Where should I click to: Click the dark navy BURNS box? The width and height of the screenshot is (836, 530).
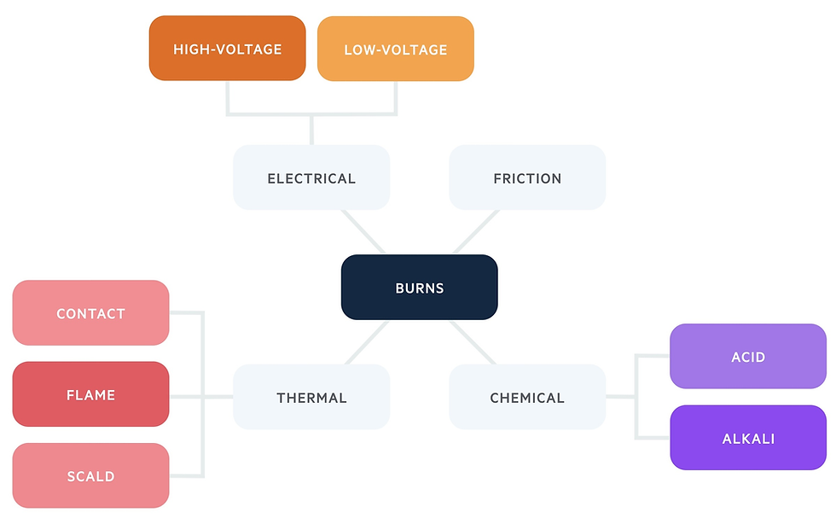(419, 288)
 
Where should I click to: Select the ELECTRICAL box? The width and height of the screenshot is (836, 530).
(311, 178)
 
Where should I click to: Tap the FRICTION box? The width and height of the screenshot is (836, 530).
(527, 178)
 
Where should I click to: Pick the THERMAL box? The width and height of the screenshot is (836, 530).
(311, 397)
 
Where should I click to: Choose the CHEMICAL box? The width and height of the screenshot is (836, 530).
(527, 397)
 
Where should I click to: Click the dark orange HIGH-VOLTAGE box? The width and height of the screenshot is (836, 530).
(227, 49)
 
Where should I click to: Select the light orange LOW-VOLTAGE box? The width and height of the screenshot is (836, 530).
(395, 49)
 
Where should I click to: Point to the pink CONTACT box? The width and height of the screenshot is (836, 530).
(90, 313)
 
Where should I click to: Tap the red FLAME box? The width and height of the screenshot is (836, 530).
(90, 394)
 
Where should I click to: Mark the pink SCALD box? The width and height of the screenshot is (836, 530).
(90, 475)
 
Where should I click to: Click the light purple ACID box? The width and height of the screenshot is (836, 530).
(748, 356)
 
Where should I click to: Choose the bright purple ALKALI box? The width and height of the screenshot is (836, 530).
(748, 438)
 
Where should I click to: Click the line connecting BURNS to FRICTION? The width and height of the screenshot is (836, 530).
(475, 231)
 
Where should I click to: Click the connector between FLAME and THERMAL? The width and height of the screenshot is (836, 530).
(201, 397)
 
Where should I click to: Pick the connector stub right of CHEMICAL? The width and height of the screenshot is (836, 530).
(620, 397)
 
